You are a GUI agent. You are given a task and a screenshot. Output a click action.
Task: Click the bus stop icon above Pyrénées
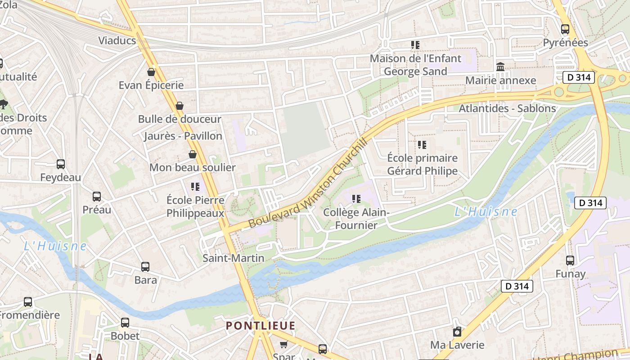coord(565,29)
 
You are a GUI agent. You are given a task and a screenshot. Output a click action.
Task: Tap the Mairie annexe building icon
coord(500,67)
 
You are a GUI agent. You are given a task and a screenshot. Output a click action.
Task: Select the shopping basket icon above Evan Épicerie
coord(151,72)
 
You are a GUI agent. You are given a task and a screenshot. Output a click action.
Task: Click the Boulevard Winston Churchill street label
coord(308,182)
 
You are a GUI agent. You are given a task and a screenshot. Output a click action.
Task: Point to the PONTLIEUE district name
coord(261,326)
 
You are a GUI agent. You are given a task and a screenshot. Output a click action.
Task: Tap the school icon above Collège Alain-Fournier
coord(356,198)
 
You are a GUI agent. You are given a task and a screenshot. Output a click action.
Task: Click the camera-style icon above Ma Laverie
coord(457,332)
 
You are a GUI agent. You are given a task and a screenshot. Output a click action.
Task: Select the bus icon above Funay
coord(570,260)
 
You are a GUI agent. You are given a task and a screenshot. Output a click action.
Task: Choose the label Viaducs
coord(117,40)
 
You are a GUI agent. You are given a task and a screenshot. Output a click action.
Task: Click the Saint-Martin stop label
coord(233,258)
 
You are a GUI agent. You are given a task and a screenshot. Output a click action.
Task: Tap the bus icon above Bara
coord(145,267)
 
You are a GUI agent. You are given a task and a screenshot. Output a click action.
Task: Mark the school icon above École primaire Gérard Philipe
coord(422,145)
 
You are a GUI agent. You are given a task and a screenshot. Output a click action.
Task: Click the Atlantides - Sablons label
coord(507,108)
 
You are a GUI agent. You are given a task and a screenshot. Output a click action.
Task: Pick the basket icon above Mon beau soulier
coord(193,154)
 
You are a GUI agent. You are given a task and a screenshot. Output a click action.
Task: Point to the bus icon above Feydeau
coord(61,164)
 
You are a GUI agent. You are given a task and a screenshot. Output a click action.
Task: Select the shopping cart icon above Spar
coord(283,345)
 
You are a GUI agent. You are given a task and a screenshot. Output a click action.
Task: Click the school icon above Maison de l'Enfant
coord(415,45)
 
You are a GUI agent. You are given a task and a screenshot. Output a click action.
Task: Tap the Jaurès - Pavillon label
coord(183,136)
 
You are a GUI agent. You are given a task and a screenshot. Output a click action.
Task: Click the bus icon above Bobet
coord(125,323)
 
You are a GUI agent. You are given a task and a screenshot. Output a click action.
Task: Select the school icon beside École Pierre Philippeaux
coord(195,186)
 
